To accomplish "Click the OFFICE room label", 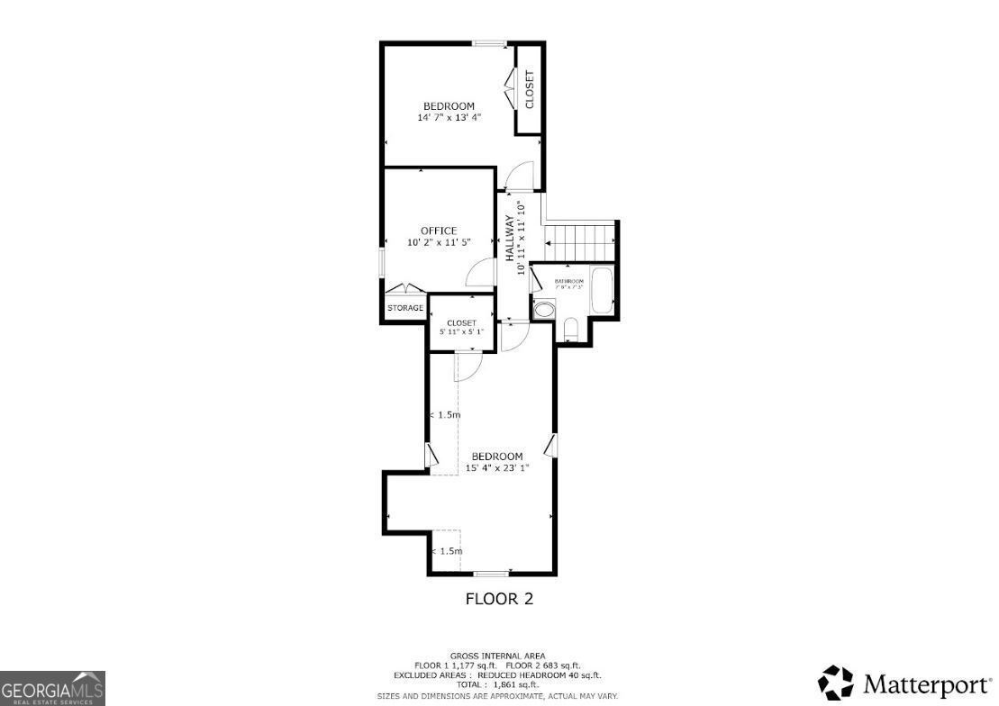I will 439,231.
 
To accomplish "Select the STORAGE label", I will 405,308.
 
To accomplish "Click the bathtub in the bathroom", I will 603,289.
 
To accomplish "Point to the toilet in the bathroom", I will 569,330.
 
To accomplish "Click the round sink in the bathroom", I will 544,310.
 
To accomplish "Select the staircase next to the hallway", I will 580,240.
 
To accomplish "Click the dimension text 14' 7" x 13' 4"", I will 449,117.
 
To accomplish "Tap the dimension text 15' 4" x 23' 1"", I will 496,467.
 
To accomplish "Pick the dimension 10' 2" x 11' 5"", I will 439,242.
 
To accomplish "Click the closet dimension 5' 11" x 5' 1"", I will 461,331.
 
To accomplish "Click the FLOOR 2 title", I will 498,599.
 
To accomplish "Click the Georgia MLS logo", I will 52,688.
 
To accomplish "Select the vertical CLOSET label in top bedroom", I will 529,89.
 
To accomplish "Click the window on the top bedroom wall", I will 490,43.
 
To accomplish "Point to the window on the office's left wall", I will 382,264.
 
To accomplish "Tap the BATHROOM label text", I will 568,282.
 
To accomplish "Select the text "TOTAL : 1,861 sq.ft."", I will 497,685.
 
